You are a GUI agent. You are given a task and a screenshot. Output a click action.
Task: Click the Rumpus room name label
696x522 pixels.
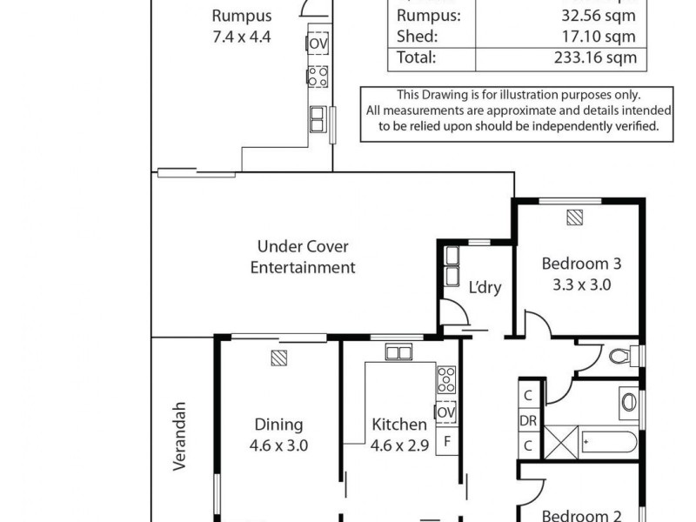click(242, 16)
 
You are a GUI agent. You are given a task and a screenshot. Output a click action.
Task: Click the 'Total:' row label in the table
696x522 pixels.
click(416, 58)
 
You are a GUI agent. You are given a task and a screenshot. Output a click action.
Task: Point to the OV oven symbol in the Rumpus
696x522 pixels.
click(318, 43)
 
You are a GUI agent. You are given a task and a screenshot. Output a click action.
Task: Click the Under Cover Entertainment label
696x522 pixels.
click(303, 258)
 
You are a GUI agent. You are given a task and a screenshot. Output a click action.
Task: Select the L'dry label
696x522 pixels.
click(485, 287)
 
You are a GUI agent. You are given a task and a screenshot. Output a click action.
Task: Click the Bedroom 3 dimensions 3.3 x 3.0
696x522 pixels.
click(580, 284)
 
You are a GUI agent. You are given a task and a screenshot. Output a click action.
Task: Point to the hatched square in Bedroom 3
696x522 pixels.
click(574, 217)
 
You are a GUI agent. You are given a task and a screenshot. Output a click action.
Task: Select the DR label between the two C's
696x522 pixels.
click(528, 420)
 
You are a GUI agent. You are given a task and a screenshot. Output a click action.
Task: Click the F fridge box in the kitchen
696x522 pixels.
click(446, 440)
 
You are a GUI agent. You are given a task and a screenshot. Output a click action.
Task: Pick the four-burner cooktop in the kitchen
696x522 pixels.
click(445, 379)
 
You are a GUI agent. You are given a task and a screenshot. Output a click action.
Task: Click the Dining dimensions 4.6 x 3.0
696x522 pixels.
click(278, 445)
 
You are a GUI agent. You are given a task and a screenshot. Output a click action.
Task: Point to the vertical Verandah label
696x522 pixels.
click(180, 435)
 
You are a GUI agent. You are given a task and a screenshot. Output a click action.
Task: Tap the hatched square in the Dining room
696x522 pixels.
click(278, 357)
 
